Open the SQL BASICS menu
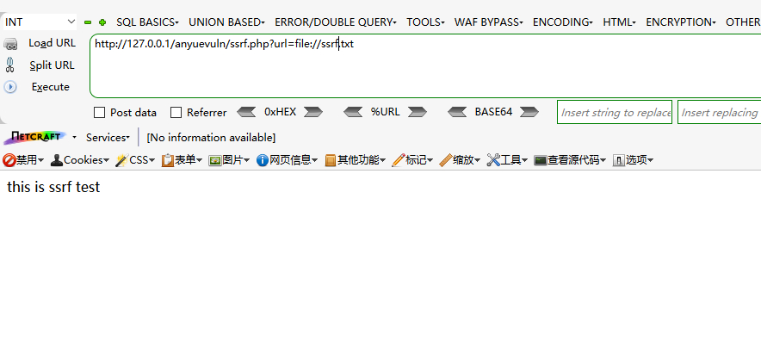point(147,22)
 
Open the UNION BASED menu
point(226,22)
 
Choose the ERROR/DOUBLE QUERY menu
point(336,22)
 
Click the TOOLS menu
point(425,22)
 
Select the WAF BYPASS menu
point(488,22)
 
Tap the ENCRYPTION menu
point(680,22)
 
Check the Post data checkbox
point(99,112)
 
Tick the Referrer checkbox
point(176,112)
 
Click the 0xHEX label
point(280,112)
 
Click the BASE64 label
point(493,112)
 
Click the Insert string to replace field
point(615,112)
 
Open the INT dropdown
point(40,22)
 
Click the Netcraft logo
point(35,137)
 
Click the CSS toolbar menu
point(135,159)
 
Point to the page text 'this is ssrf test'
point(53,186)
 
